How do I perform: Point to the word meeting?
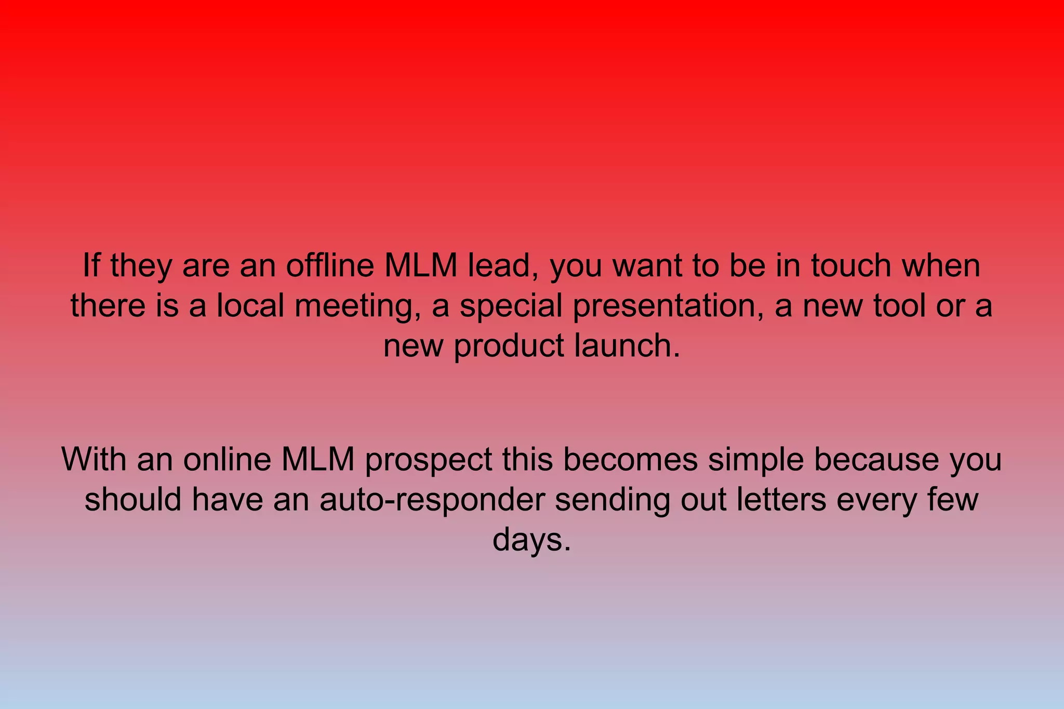[358, 306]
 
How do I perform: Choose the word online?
[227, 460]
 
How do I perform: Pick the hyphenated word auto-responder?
[432, 500]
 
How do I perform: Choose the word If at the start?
[91, 265]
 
